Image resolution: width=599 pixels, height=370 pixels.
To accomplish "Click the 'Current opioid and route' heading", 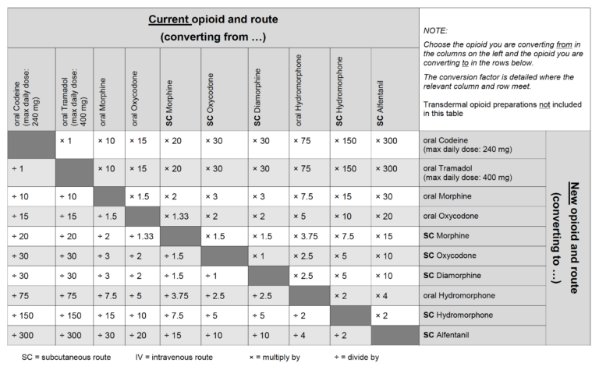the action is [213, 19].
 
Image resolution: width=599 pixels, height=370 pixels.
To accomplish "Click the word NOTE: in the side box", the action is [435, 30].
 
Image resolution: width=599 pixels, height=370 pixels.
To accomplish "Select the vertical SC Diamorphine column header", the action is [257, 97].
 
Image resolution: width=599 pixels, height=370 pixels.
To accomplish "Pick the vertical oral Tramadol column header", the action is [75, 97].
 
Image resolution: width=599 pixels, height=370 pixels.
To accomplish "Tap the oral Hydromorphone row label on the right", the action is [459, 296].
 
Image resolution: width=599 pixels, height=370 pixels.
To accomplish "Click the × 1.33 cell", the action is [176, 217].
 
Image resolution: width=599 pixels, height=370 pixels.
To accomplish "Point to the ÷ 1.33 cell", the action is [141, 237].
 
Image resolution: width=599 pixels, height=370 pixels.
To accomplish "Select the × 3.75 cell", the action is [306, 237].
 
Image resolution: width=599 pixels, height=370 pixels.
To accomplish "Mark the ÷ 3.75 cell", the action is [176, 296].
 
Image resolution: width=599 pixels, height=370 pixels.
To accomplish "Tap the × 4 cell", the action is [381, 296].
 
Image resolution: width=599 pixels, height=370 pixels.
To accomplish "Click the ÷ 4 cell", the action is [299, 335].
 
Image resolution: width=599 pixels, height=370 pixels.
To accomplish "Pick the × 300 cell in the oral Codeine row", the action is [386, 141].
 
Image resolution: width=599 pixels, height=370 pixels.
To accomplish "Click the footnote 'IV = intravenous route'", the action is [174, 358].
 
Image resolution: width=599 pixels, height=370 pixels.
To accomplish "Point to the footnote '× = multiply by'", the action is [275, 358].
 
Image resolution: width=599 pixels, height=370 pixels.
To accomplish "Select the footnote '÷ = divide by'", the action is [356, 358].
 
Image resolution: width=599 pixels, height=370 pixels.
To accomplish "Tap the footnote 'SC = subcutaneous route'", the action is [66, 358].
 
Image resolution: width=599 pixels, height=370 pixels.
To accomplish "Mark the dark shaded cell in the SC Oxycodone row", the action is [225, 256].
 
